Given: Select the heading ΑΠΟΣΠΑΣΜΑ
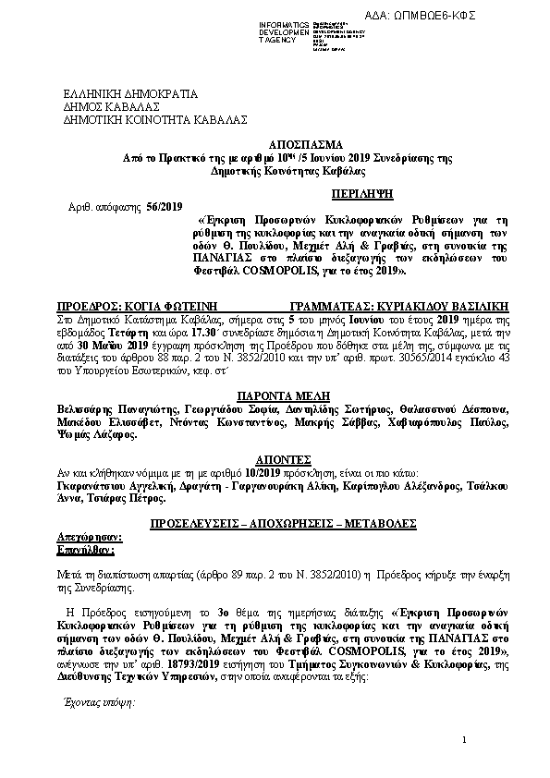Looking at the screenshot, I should [275, 145].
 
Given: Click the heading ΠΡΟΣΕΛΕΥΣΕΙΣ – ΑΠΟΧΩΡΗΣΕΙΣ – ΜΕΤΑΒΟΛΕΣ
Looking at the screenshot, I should [274, 523].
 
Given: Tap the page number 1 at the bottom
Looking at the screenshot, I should [467, 742].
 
